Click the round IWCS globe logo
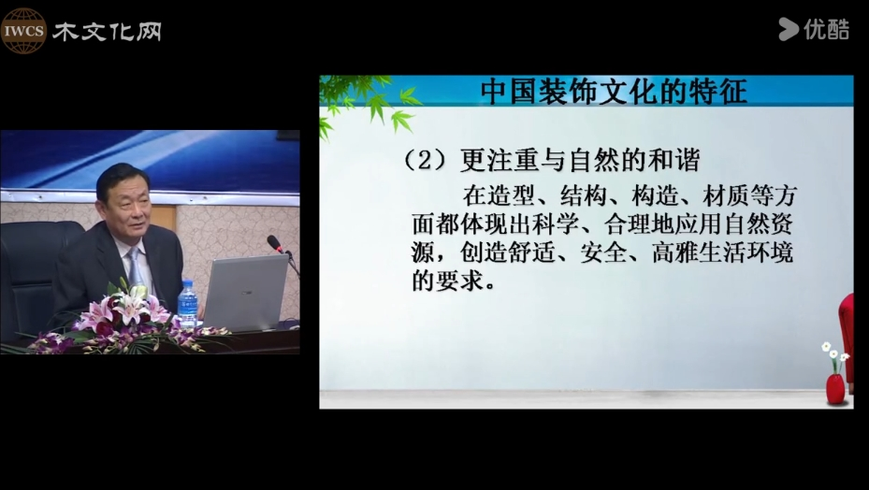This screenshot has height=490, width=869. pos(23,31)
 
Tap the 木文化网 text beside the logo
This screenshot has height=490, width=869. pos(107,32)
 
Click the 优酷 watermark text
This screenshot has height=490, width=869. pos(826,29)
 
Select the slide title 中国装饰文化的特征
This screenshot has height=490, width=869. pos(614,92)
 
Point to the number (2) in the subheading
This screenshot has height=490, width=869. pos(424,161)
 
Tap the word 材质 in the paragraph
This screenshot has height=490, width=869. pos(726,195)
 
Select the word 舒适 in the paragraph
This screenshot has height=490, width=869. pos(531,253)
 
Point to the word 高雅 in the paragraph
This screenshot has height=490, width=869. pos(675,253)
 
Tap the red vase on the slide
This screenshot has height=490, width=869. pos(835,389)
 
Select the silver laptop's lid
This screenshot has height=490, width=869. pos(244,291)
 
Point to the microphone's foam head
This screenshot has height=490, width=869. pos(274,243)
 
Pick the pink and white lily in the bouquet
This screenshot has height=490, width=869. pos(130,308)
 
